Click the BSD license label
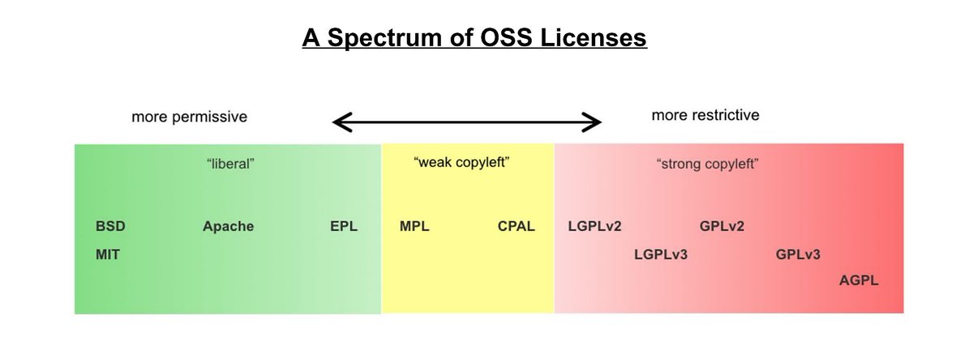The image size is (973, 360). point(110,226)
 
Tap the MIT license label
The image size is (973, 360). point(108,255)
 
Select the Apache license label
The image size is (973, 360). point(228,226)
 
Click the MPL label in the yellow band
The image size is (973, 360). point(414,226)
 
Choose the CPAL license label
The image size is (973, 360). point(517,226)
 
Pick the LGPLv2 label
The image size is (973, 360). point(594,226)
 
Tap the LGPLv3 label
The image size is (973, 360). point(661,255)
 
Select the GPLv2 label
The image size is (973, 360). point(722,226)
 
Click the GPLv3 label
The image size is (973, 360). point(798,255)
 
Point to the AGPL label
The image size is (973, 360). point(859,281)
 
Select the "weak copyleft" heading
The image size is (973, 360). point(461,164)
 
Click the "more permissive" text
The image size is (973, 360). point(189,117)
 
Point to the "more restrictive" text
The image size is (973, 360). point(705,116)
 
